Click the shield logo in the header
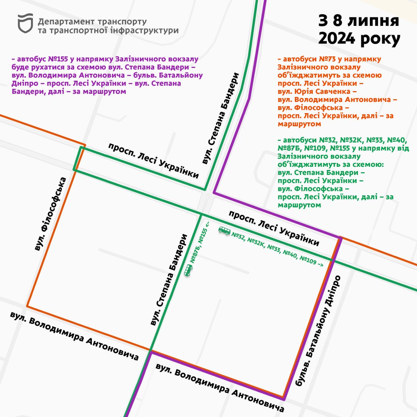[x=25, y=23]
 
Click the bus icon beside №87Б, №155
[x=188, y=270]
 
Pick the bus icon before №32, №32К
[x=224, y=231]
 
